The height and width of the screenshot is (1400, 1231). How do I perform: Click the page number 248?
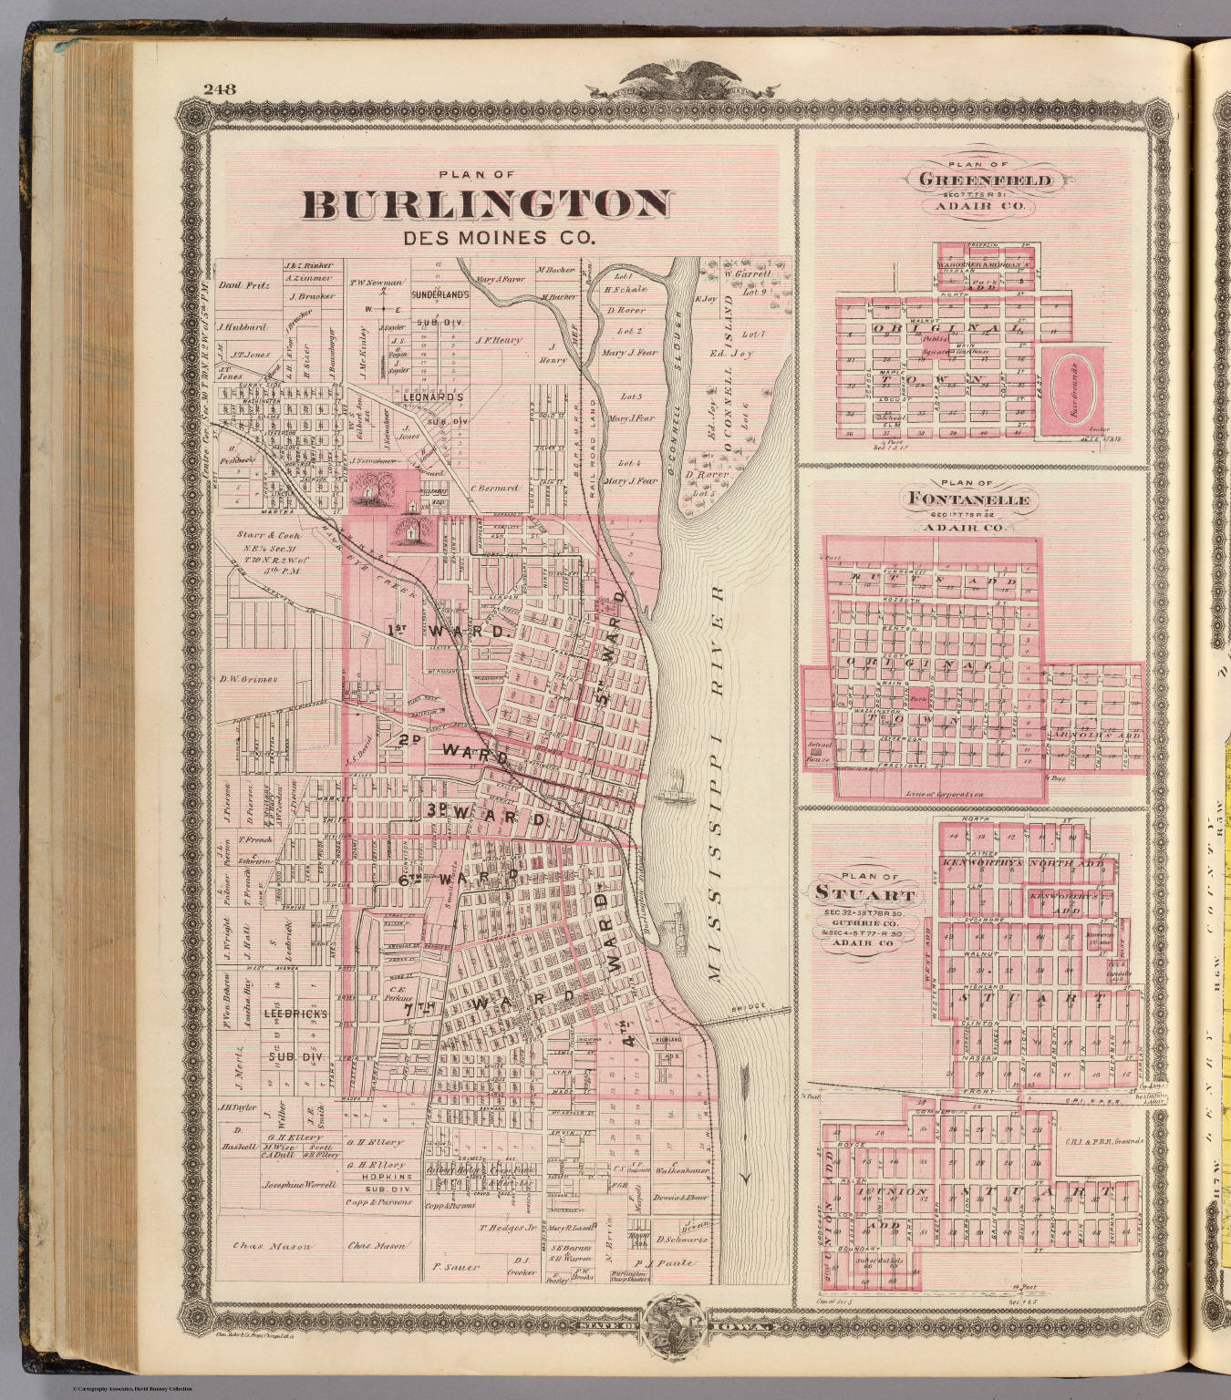[221, 89]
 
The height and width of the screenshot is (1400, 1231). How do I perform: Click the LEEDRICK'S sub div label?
[288, 1013]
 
